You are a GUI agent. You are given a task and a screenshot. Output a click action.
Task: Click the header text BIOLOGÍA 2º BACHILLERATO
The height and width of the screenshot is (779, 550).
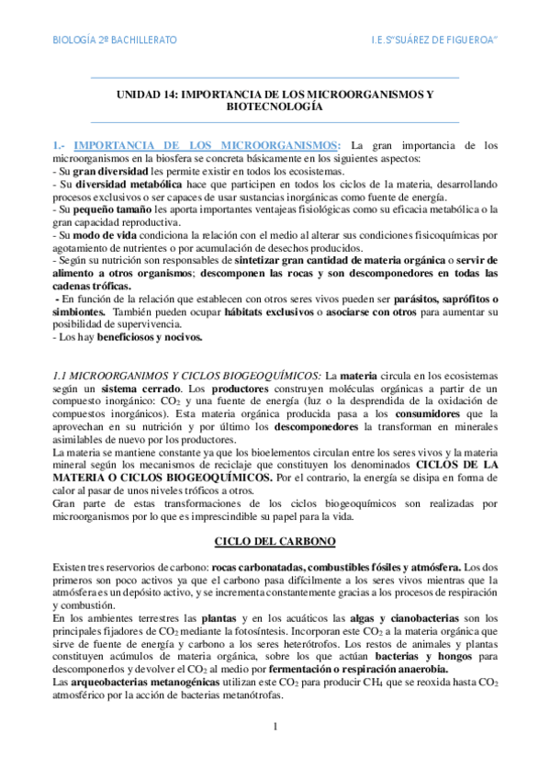pos(113,41)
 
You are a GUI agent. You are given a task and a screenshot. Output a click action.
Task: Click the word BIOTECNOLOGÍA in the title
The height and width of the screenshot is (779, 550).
pos(275,107)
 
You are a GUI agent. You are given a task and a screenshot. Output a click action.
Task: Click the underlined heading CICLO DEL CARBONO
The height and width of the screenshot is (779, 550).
pos(275,541)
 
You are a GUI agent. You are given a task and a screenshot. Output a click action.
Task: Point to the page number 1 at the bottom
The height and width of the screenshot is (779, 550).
pos(275,728)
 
